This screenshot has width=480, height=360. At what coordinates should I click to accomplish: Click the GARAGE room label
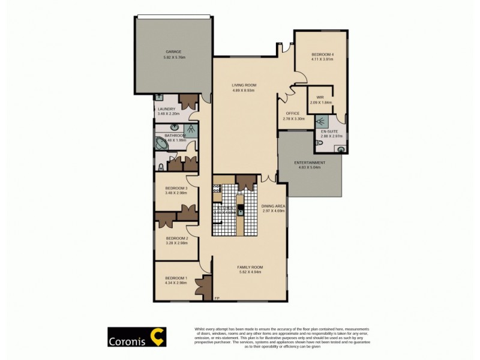tap(173, 52)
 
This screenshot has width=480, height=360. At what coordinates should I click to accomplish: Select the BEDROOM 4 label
tap(320, 53)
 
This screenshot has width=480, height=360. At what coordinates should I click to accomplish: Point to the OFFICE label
tap(292, 113)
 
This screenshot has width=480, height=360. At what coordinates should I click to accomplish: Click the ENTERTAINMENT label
tap(310, 163)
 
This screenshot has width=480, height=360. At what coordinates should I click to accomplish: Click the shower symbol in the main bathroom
tap(190, 127)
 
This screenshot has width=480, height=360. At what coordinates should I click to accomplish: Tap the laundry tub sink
tap(159, 97)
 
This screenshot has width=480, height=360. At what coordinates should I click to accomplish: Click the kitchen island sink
tap(240, 210)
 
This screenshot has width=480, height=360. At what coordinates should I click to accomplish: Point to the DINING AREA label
tap(272, 206)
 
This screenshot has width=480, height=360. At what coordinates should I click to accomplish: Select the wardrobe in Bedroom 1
tap(206, 286)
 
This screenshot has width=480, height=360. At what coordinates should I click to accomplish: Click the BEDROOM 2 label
tap(177, 238)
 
